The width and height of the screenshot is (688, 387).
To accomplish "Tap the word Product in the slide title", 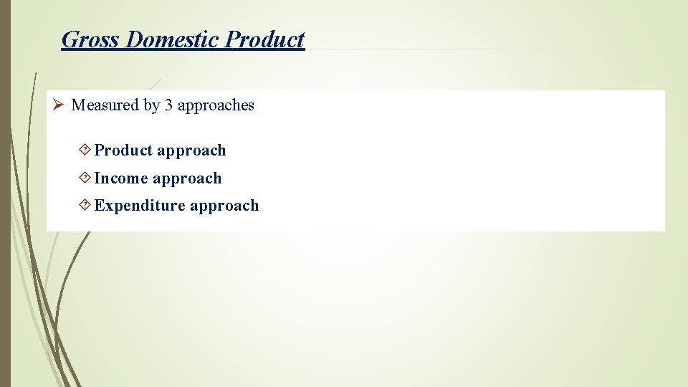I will (x=264, y=39).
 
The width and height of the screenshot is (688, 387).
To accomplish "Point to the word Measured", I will (x=105, y=105).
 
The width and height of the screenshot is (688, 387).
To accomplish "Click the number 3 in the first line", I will (x=168, y=105).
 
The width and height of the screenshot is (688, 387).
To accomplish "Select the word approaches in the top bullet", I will (x=216, y=105).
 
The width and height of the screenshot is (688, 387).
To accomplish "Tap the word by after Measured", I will (x=151, y=105).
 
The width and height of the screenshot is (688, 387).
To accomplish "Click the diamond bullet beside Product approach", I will (x=85, y=150).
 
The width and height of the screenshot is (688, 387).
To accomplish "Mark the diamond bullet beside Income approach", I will (x=85, y=178).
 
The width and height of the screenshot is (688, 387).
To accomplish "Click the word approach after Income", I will (x=187, y=178).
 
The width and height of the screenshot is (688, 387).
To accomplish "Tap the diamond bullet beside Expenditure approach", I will (x=85, y=206).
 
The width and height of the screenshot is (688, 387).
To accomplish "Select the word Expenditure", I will (x=140, y=206).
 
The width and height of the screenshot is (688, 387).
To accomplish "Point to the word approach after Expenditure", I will (x=224, y=206).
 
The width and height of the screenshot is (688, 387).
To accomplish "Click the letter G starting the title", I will (x=70, y=39).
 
